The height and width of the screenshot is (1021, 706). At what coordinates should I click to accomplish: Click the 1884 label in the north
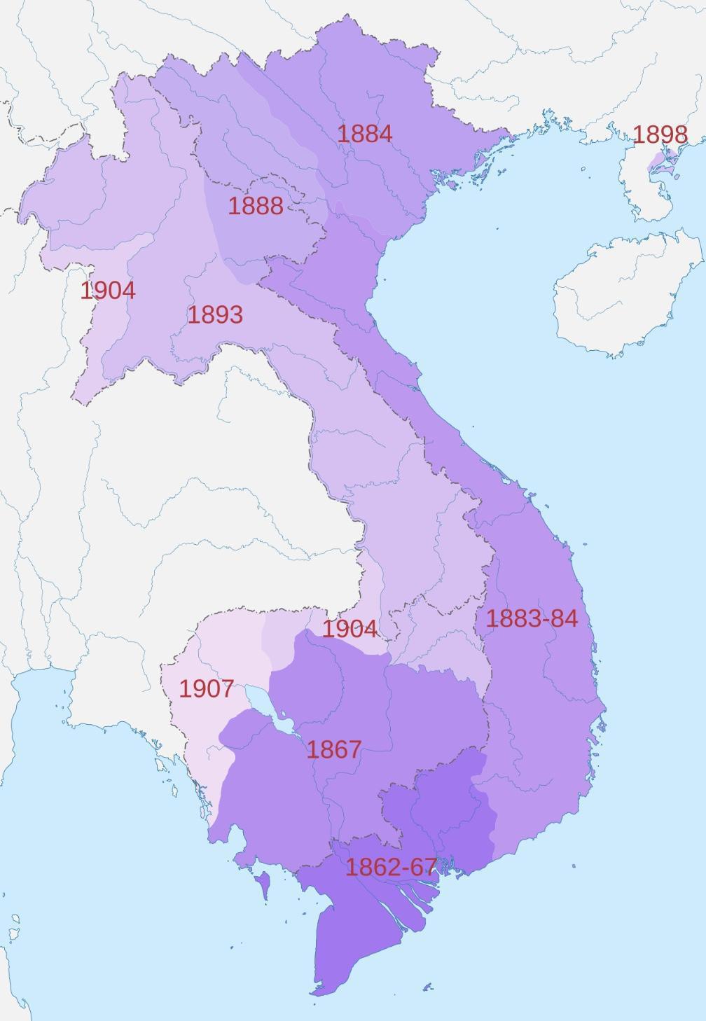click(364, 134)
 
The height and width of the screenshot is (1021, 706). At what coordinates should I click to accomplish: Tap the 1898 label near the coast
click(660, 134)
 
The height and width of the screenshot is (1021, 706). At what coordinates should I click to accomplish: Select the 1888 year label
click(256, 206)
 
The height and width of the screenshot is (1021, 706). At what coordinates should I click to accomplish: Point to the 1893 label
click(215, 315)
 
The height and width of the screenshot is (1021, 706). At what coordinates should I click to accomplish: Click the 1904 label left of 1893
click(107, 291)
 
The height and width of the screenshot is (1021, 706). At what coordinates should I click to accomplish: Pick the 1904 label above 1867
click(349, 629)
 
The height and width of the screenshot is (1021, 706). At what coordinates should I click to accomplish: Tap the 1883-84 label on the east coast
click(532, 618)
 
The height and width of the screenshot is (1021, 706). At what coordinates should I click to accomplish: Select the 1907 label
click(206, 688)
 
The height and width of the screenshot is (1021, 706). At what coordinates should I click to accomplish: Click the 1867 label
click(334, 749)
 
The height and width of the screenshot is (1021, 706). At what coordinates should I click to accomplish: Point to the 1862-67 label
click(391, 867)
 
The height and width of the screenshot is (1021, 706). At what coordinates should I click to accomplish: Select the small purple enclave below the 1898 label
click(659, 162)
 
